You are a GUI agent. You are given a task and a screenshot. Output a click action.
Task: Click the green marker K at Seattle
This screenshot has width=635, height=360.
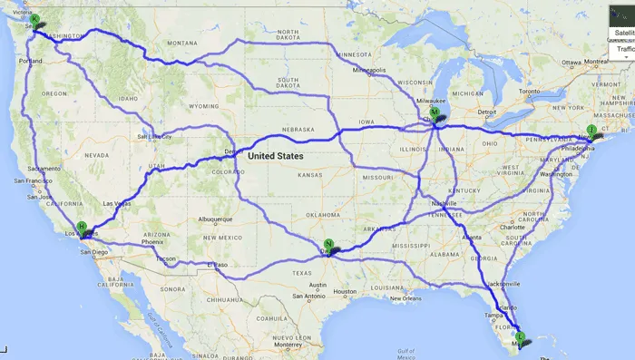34,19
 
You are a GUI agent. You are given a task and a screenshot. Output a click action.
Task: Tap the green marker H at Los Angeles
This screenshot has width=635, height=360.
82,227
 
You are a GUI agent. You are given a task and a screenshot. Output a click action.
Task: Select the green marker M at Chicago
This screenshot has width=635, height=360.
435,112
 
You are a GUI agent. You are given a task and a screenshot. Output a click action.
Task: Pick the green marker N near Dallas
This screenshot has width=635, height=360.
328,243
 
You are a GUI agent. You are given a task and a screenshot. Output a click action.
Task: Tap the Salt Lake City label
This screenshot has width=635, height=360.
154,137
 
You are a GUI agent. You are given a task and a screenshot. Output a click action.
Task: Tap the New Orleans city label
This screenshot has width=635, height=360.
406,298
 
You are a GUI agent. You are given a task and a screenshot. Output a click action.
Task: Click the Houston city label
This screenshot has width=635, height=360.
344,291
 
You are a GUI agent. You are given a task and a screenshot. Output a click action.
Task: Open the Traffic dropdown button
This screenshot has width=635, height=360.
623,50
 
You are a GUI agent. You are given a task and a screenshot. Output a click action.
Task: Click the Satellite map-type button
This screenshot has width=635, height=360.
623,32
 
